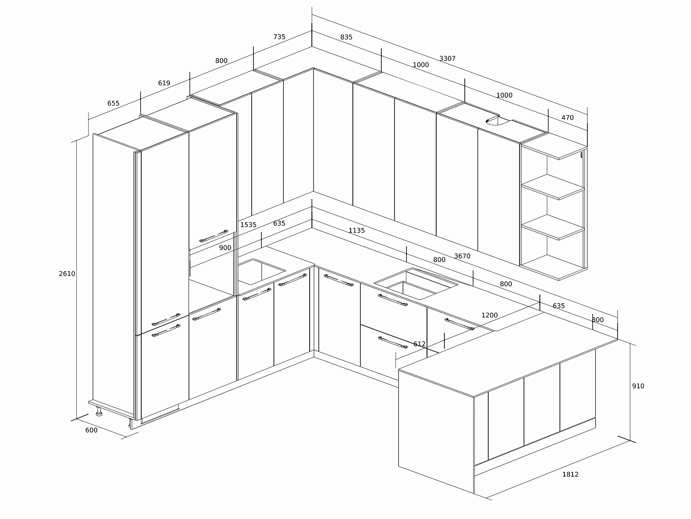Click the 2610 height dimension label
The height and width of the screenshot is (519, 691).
[67, 273]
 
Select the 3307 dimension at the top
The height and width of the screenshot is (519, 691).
[447, 59]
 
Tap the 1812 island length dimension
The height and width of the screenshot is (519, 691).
[571, 474]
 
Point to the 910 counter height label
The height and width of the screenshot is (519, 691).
[638, 386]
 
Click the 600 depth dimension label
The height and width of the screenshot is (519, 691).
[91, 430]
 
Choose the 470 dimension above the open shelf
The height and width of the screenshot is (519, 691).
[567, 118]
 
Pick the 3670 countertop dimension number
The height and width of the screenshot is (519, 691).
[462, 256]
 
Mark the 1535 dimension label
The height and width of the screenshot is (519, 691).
[248, 225]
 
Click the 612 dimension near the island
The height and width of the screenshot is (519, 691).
[419, 344]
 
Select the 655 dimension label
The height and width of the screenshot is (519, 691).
[113, 103]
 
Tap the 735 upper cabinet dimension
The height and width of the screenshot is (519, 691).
[279, 37]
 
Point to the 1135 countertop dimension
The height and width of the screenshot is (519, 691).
[357, 231]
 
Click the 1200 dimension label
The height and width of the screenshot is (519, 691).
[489, 315]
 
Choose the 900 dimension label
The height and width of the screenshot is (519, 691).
[225, 248]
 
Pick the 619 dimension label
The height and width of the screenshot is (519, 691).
[164, 83]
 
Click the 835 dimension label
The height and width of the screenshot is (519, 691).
[346, 37]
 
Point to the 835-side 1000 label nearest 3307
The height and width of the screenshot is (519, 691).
[421, 65]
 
